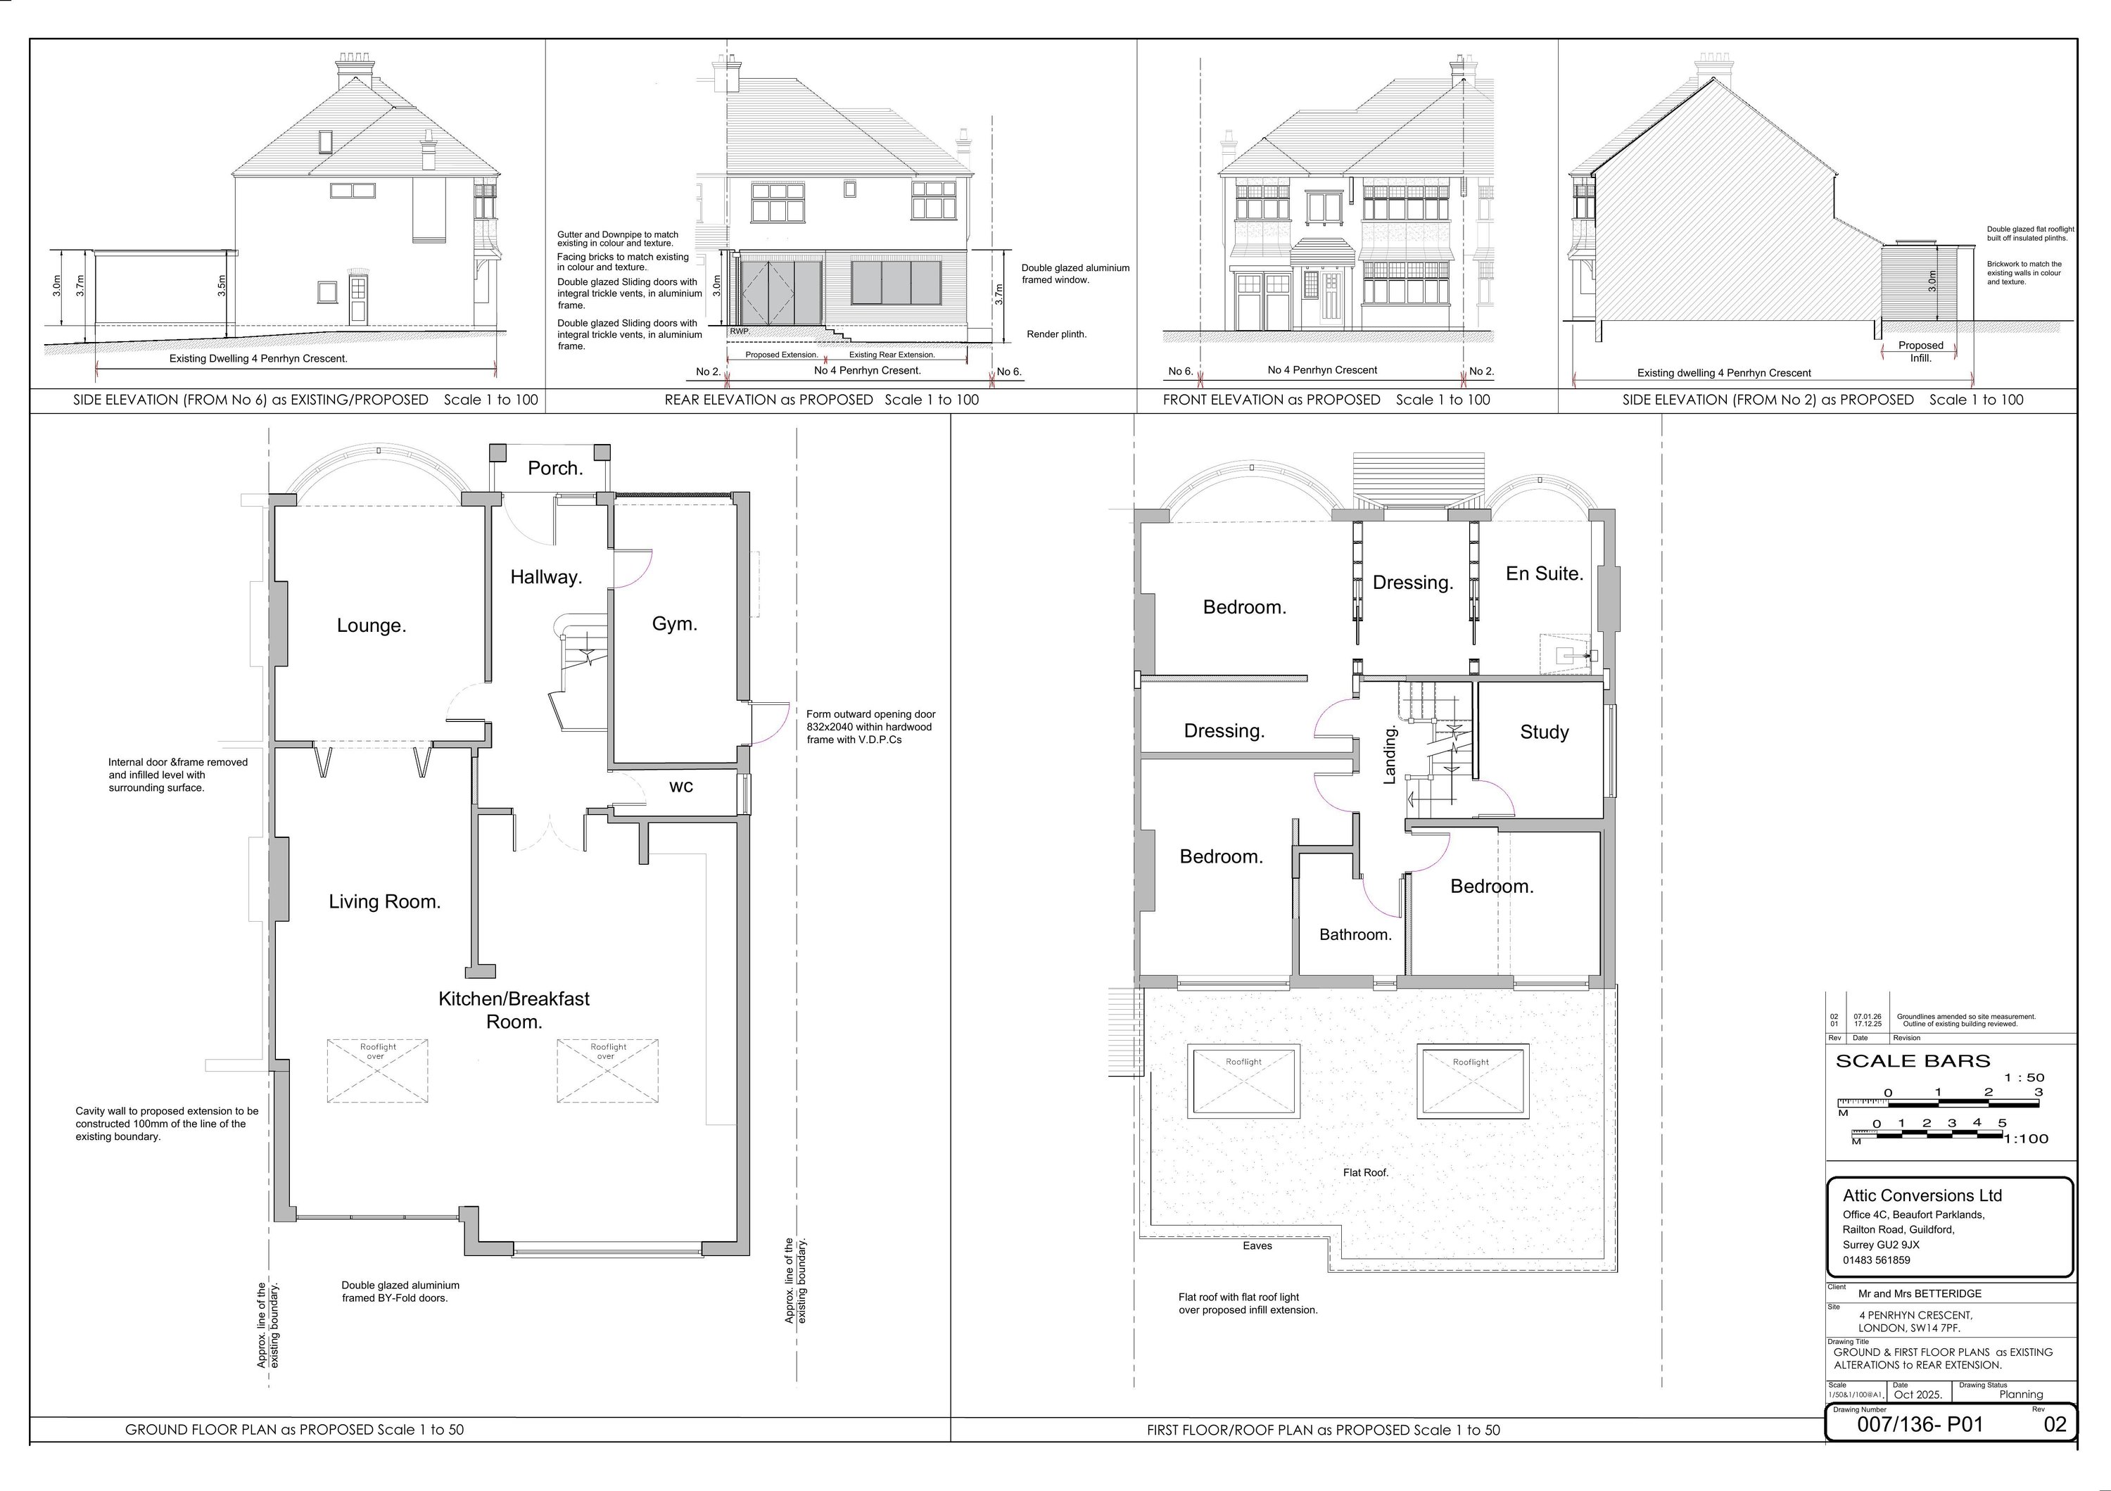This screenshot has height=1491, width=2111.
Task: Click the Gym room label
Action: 674,624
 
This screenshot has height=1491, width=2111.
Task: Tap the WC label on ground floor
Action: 680,787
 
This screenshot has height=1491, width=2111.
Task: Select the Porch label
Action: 554,469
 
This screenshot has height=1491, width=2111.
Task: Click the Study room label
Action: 1544,732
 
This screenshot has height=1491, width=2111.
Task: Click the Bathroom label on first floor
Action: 1355,935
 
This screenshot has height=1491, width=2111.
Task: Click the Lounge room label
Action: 371,626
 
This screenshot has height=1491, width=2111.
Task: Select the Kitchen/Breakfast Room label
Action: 514,1009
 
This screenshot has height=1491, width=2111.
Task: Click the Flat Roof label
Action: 1365,1173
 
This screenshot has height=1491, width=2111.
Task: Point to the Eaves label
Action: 1257,1245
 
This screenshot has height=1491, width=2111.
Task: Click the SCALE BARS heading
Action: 1913,1062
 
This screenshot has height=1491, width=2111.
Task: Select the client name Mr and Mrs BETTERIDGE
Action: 1920,1293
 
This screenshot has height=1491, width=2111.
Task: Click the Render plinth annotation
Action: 1055,335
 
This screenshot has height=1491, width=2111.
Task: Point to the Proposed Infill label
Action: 1921,351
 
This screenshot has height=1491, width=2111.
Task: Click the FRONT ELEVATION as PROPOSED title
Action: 1325,400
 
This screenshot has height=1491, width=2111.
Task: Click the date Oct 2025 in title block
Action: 1918,1395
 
